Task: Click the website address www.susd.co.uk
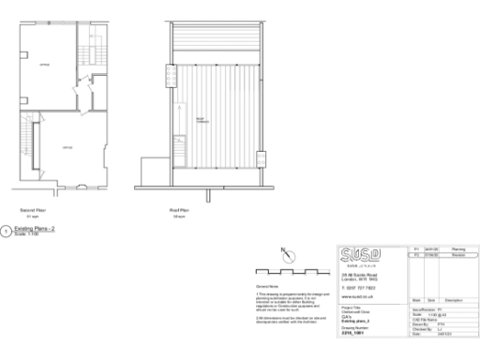[354, 294]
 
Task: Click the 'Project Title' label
[349, 306]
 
